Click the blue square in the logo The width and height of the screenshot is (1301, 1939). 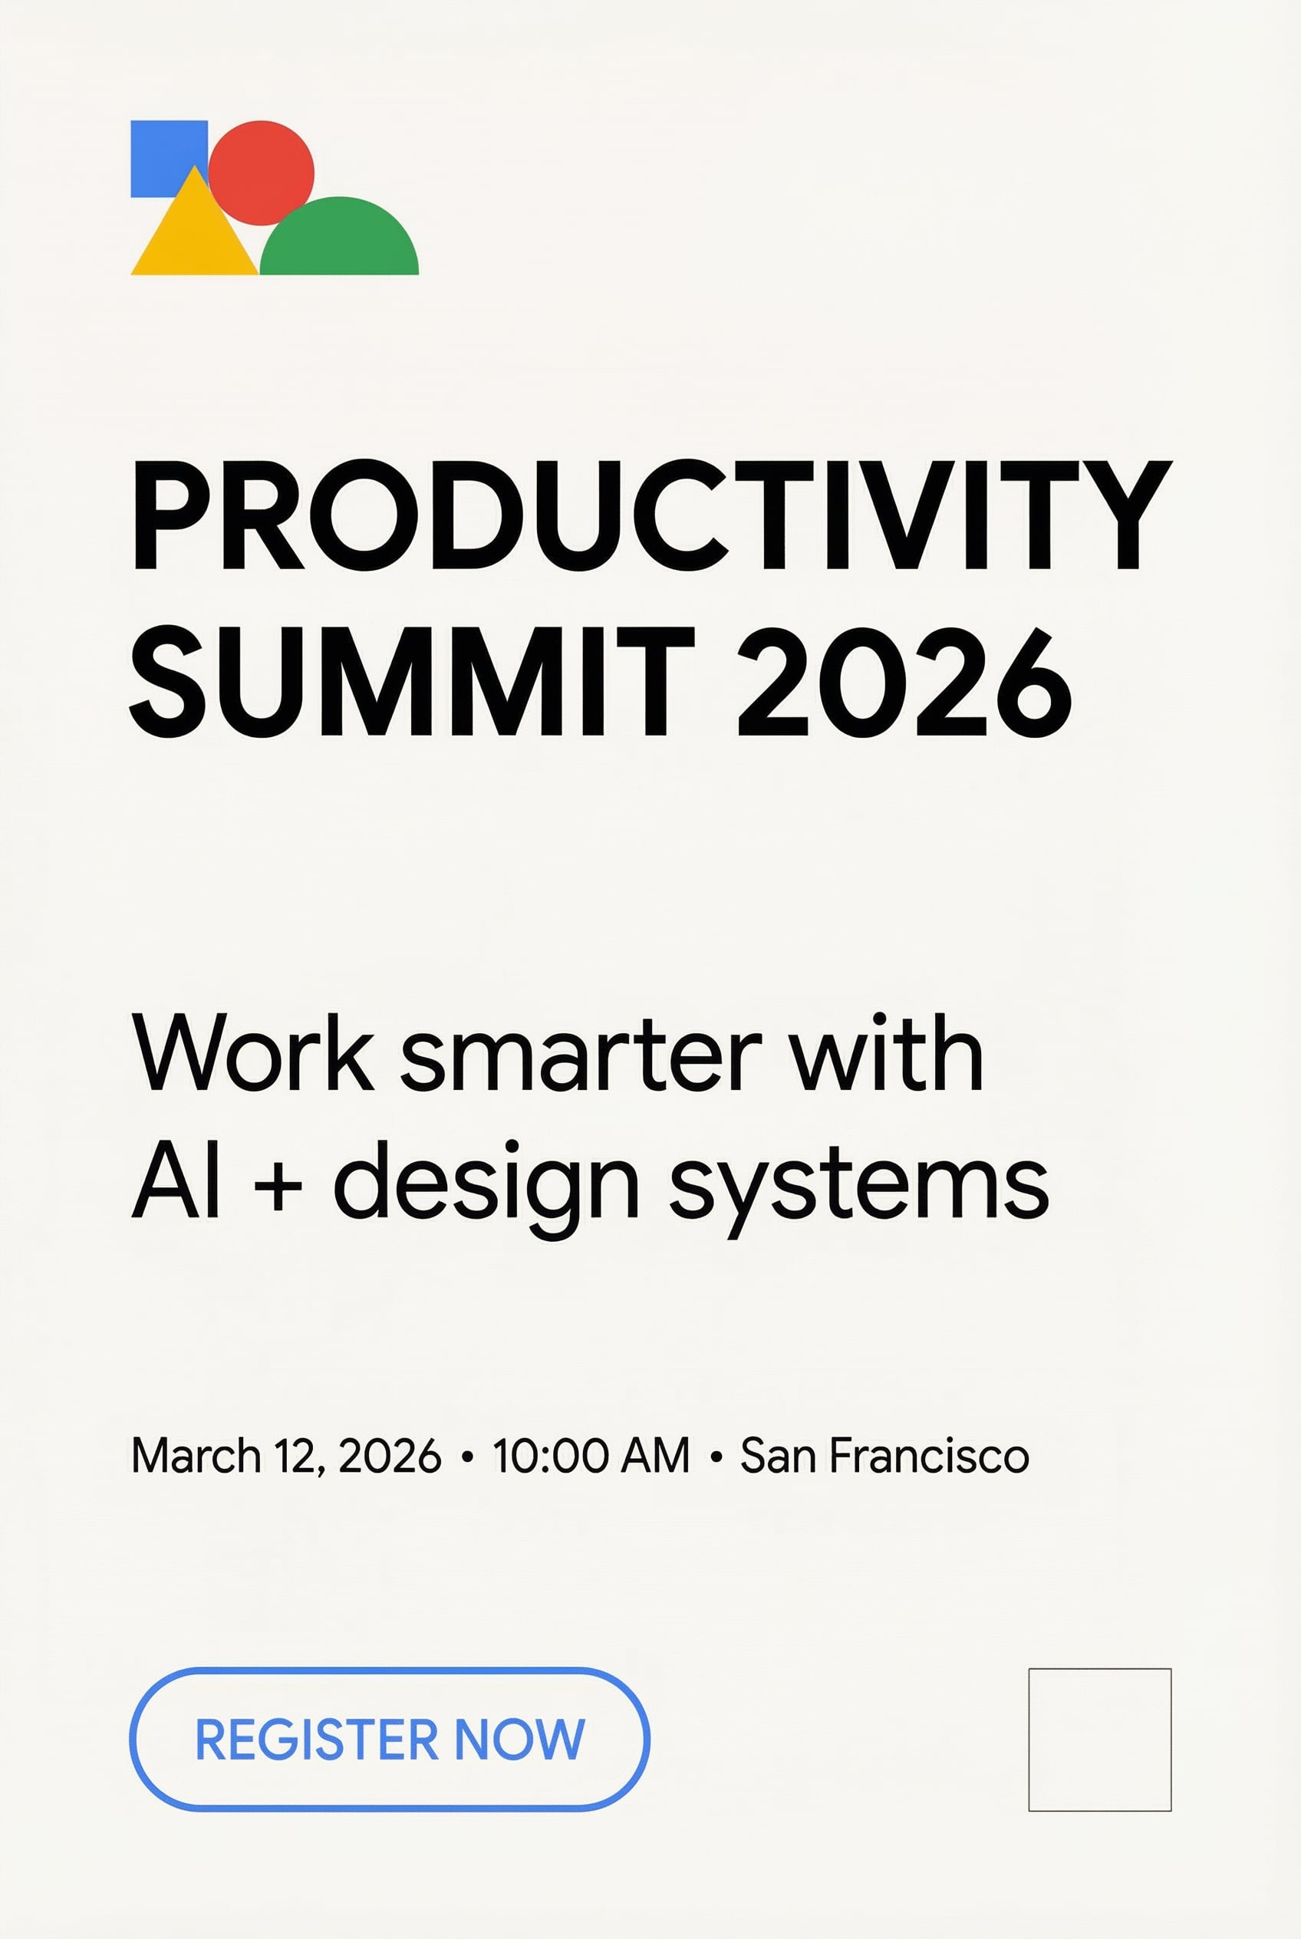click(x=158, y=150)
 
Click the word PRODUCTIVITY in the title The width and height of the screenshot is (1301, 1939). click(x=653, y=515)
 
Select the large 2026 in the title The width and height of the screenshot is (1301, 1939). click(x=904, y=681)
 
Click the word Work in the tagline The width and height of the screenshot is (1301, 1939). click(x=253, y=1052)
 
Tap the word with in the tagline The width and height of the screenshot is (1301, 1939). click(x=885, y=1052)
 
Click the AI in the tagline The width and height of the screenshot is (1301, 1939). click(x=175, y=1179)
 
